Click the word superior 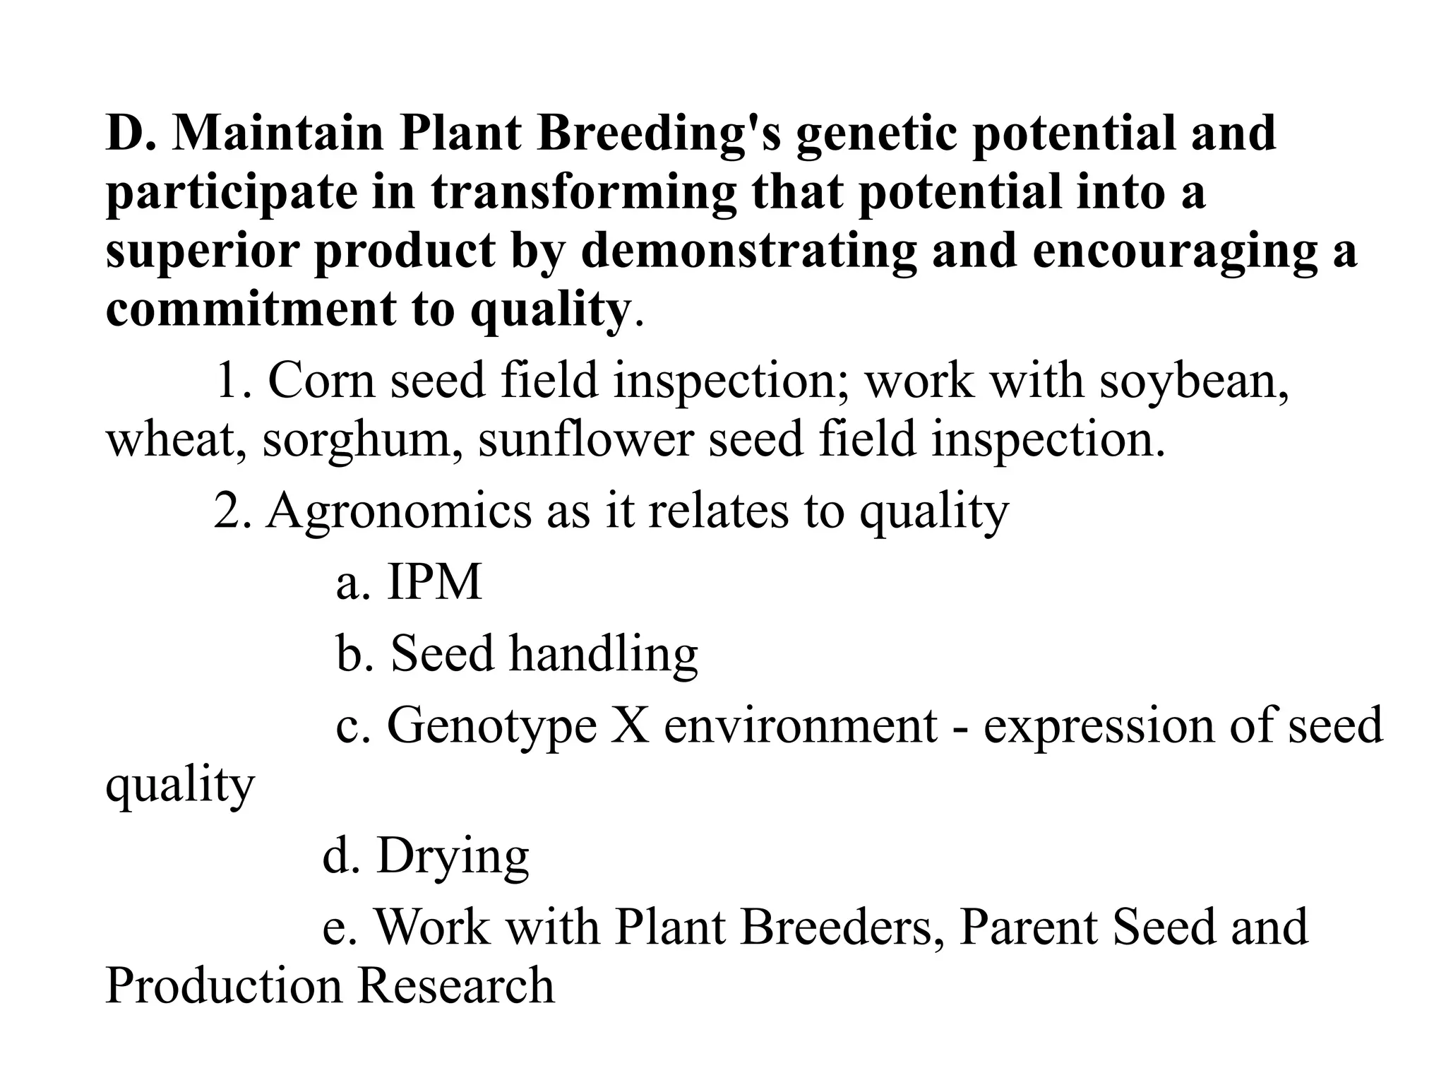(x=202, y=252)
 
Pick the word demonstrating (x=748, y=251)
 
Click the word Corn (x=321, y=381)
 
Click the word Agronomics (x=398, y=511)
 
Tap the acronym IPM (x=434, y=582)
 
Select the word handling (x=604, y=654)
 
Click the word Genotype (x=492, y=726)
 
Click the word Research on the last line (x=455, y=986)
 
